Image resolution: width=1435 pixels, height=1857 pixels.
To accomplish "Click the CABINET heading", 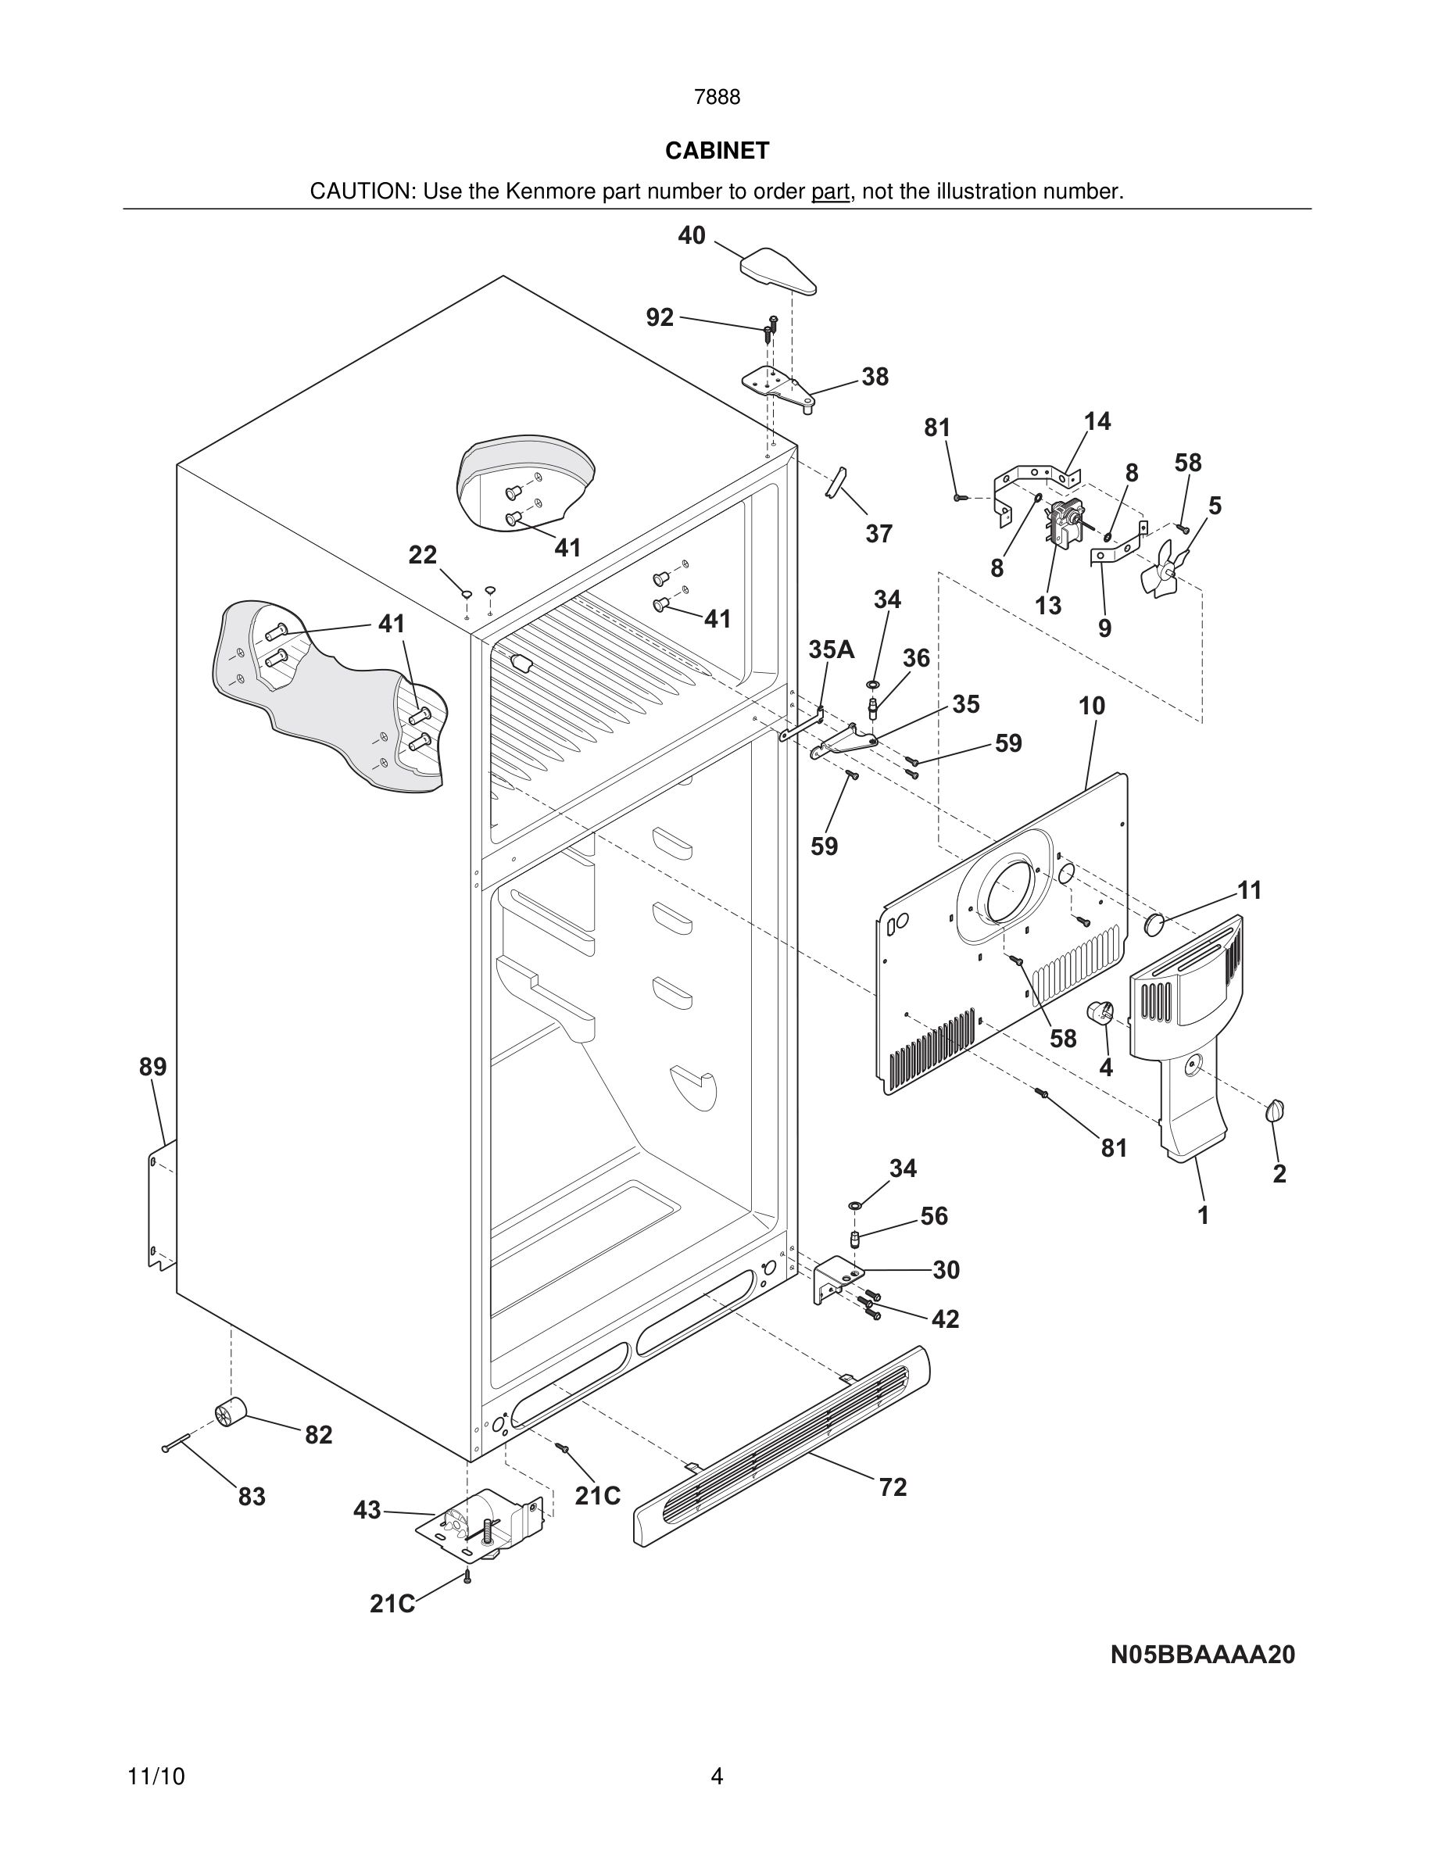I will tap(717, 151).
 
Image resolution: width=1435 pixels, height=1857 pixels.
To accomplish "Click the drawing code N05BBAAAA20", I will tap(1202, 1654).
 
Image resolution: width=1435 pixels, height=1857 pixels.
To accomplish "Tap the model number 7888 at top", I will tap(717, 98).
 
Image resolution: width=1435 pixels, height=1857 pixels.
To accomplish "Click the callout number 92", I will tap(660, 317).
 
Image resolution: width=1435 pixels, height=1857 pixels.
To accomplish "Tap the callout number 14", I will tap(1097, 421).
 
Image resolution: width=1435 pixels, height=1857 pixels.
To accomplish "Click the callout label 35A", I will tap(831, 649).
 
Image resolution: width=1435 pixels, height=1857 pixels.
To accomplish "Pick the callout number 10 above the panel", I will tap(1092, 706).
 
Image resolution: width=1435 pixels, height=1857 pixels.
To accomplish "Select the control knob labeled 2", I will tap(1274, 1110).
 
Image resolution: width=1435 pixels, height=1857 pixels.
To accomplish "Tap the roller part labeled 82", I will tap(230, 1412).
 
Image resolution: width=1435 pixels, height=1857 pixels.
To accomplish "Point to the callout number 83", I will tap(252, 1497).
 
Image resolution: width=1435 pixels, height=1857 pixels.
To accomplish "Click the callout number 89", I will tap(153, 1066).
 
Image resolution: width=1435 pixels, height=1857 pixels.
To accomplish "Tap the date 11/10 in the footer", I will tap(156, 1776).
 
